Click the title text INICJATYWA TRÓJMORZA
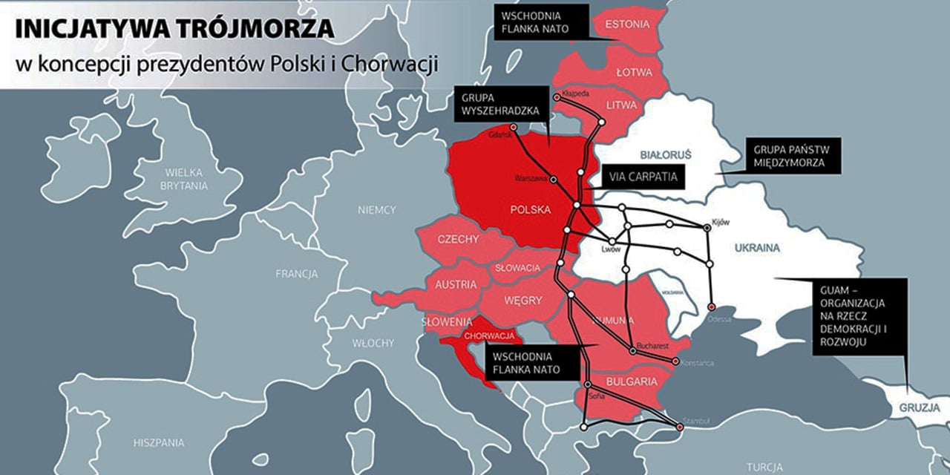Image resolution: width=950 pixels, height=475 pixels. click(174, 30)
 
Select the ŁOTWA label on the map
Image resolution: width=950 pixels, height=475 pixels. click(634, 73)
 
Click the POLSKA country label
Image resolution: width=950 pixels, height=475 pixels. click(531, 209)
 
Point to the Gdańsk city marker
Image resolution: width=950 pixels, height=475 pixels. click(513, 127)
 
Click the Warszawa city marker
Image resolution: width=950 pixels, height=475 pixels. click(553, 179)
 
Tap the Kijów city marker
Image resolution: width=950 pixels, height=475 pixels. click(707, 229)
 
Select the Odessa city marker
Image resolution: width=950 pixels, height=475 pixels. click(712, 307)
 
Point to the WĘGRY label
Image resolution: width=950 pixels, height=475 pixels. click(523, 300)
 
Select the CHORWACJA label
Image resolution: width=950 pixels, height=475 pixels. click(484, 335)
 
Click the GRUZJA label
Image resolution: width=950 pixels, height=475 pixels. click(919, 408)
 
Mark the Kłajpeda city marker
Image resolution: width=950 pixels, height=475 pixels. click(557, 97)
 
